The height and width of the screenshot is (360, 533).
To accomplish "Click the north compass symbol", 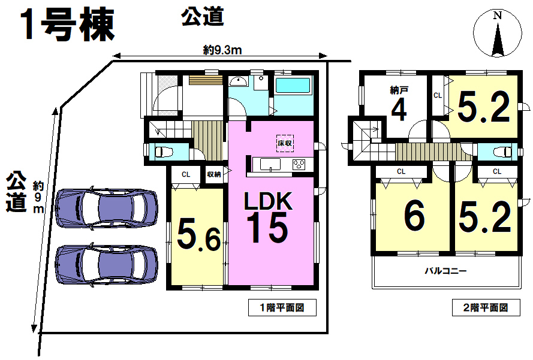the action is pyautogui.click(x=498, y=34).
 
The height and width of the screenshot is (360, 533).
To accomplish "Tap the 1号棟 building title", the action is pyautogui.click(x=68, y=25).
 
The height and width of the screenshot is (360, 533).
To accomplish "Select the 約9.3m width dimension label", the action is pyautogui.click(x=222, y=50).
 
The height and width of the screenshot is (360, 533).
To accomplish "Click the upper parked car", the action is pyautogui.click(x=106, y=207).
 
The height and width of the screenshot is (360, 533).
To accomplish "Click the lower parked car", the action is pyautogui.click(x=106, y=265).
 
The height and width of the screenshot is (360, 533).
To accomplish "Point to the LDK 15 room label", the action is pyautogui.click(x=268, y=217).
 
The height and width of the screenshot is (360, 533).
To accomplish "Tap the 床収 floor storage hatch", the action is pyautogui.click(x=285, y=143).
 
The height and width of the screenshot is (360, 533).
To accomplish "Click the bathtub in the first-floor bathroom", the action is pyautogui.click(x=293, y=85).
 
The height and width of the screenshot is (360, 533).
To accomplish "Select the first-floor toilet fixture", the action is pyautogui.click(x=164, y=152).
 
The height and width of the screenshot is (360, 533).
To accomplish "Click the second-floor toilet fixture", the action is pyautogui.click(x=502, y=152).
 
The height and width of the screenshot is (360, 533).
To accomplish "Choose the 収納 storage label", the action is pyautogui.click(x=214, y=174).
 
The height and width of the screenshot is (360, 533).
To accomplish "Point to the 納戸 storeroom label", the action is pyautogui.click(x=399, y=90).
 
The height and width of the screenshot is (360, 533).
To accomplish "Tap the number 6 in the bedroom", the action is pyautogui.click(x=414, y=215).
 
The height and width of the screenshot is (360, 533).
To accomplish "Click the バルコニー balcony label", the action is pyautogui.click(x=445, y=271).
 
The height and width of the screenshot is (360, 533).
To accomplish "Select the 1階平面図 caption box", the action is pyautogui.click(x=282, y=308).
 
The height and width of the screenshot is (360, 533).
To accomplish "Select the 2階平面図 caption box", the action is pyautogui.click(x=486, y=308).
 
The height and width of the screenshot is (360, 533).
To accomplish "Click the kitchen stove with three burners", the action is pyautogui.click(x=299, y=165).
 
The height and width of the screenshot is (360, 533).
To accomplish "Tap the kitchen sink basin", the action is pyautogui.click(x=270, y=164).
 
